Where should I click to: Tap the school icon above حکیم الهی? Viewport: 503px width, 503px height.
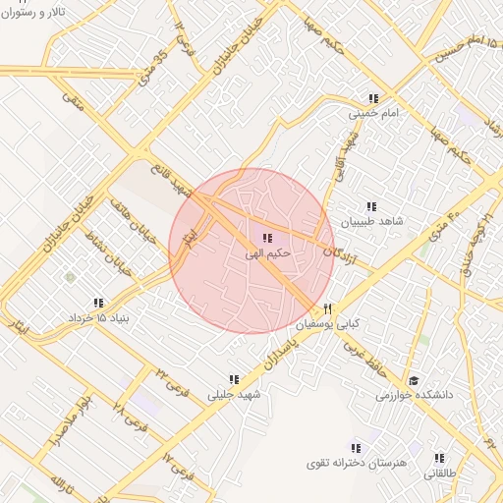pyautogui.click(x=267, y=238)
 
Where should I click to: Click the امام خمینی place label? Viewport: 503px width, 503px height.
pyautogui.click(x=374, y=115)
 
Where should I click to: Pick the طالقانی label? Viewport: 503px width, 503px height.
pyautogui.click(x=440, y=474)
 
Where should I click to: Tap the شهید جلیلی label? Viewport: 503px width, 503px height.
pyautogui.click(x=233, y=395)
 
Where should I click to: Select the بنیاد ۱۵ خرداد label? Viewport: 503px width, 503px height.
pyautogui.click(x=98, y=319)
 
